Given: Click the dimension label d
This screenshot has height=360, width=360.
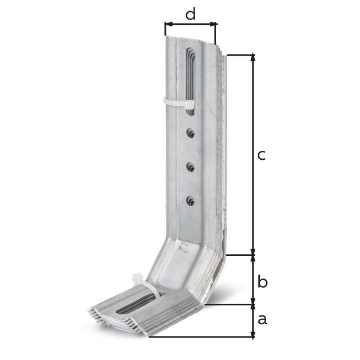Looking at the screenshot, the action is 190,13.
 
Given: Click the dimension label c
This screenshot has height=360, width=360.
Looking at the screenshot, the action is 261,155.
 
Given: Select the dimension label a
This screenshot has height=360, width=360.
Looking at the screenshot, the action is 263,319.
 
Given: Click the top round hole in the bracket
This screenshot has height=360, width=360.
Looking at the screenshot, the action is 190,133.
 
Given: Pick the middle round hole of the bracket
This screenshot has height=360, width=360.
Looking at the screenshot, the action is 190,167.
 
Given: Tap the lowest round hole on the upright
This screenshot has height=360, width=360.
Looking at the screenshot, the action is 190,201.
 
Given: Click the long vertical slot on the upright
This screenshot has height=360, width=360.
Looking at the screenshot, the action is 191,82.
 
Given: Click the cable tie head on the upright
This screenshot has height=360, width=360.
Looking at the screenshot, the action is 190,105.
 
